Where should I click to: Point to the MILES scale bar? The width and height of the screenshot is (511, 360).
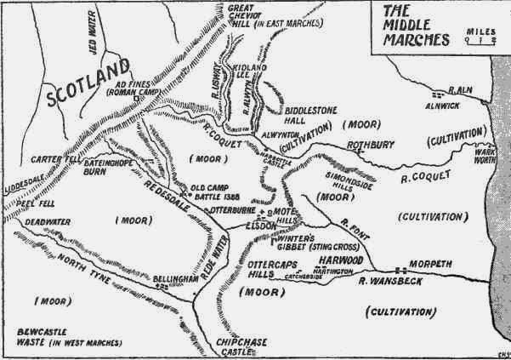pos(480,39)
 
